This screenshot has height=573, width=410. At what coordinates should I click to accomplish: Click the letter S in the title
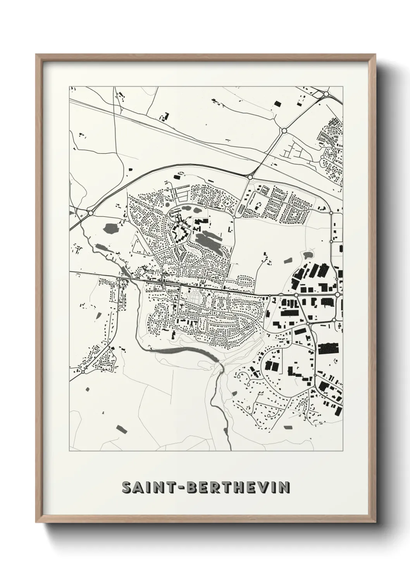click(x=126, y=487)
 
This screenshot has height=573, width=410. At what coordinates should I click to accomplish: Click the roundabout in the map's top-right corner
click(x=326, y=94)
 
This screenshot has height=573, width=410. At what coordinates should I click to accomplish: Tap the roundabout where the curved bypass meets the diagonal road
click(x=250, y=177)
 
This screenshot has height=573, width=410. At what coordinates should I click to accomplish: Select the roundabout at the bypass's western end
click(x=91, y=213)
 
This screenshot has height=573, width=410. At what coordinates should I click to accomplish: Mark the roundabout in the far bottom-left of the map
click(x=83, y=371)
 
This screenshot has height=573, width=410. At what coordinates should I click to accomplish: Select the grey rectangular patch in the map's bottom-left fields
click(x=121, y=428)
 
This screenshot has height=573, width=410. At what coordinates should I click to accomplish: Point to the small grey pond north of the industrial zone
click(x=308, y=255)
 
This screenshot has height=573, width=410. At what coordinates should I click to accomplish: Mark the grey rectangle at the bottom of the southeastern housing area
click(x=288, y=427)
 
